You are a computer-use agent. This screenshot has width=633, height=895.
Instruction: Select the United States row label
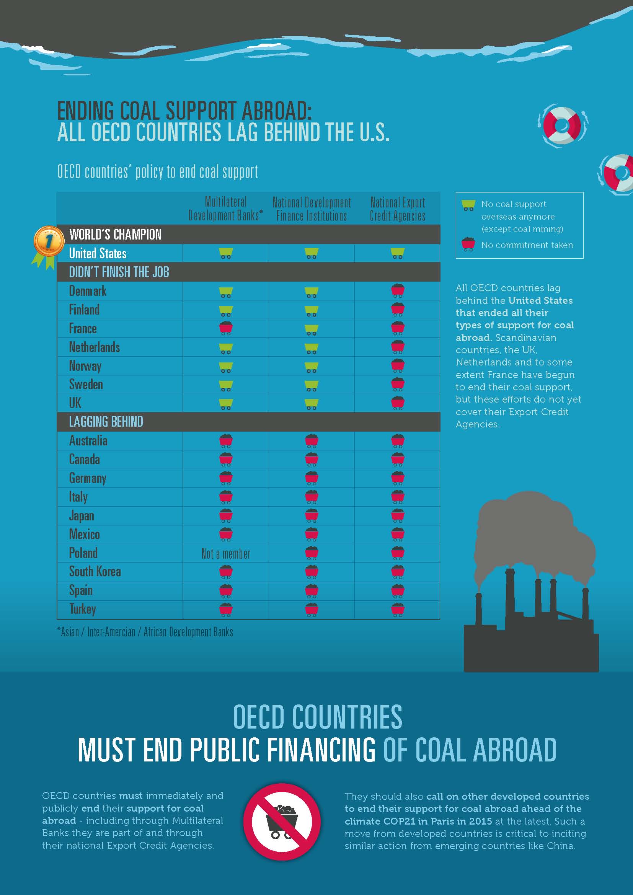(x=98, y=253)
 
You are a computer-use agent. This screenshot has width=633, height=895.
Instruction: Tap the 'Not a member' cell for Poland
(x=226, y=553)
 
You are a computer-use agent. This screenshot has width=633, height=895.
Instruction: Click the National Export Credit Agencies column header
(x=397, y=209)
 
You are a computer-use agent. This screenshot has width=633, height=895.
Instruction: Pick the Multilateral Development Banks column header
(x=226, y=209)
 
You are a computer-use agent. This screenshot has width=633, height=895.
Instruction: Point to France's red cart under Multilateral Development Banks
(x=226, y=328)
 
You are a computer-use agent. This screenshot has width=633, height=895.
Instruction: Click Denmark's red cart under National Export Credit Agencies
(x=398, y=291)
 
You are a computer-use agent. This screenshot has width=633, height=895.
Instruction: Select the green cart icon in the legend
(x=468, y=205)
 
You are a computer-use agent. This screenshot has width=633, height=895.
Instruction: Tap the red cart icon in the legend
(x=468, y=245)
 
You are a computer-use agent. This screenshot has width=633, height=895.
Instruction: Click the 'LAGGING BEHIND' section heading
(x=106, y=422)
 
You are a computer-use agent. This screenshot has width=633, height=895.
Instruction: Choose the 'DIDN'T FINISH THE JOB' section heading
(x=119, y=272)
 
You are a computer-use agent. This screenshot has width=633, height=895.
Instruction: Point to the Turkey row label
(x=83, y=609)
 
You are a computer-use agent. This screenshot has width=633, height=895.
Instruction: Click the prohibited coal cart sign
(x=281, y=821)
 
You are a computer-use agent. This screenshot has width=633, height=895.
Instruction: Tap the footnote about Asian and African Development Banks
(x=145, y=632)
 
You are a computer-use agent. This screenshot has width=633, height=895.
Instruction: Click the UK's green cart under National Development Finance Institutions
(x=312, y=404)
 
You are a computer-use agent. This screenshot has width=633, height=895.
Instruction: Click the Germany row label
(x=88, y=478)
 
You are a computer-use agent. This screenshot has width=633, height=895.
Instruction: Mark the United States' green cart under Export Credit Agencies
(x=398, y=253)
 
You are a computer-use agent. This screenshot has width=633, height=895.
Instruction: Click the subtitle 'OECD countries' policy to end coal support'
(x=158, y=172)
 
